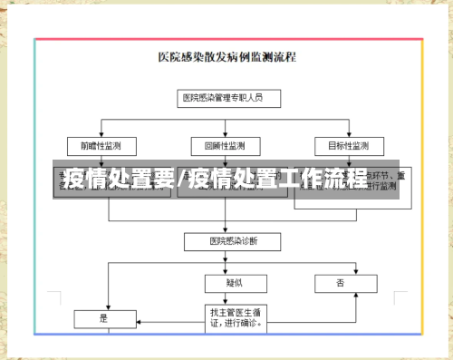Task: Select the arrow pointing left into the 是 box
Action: [x=137, y=318]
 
